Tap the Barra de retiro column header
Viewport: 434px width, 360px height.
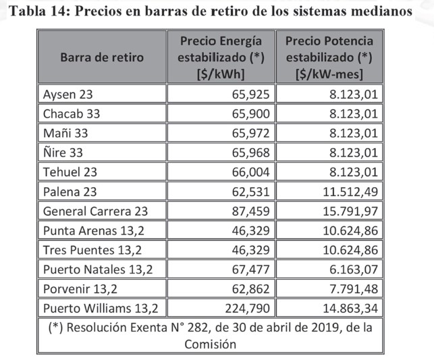click(x=102, y=57)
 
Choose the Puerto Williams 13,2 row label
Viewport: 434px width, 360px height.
click(x=100, y=309)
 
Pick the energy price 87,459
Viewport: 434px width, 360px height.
click(x=248, y=211)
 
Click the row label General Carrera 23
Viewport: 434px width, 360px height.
click(x=95, y=211)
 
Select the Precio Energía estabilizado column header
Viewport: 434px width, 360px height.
click(x=221, y=57)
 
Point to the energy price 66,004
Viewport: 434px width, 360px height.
click(x=248, y=172)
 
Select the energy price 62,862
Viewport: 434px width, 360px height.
click(x=248, y=289)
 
